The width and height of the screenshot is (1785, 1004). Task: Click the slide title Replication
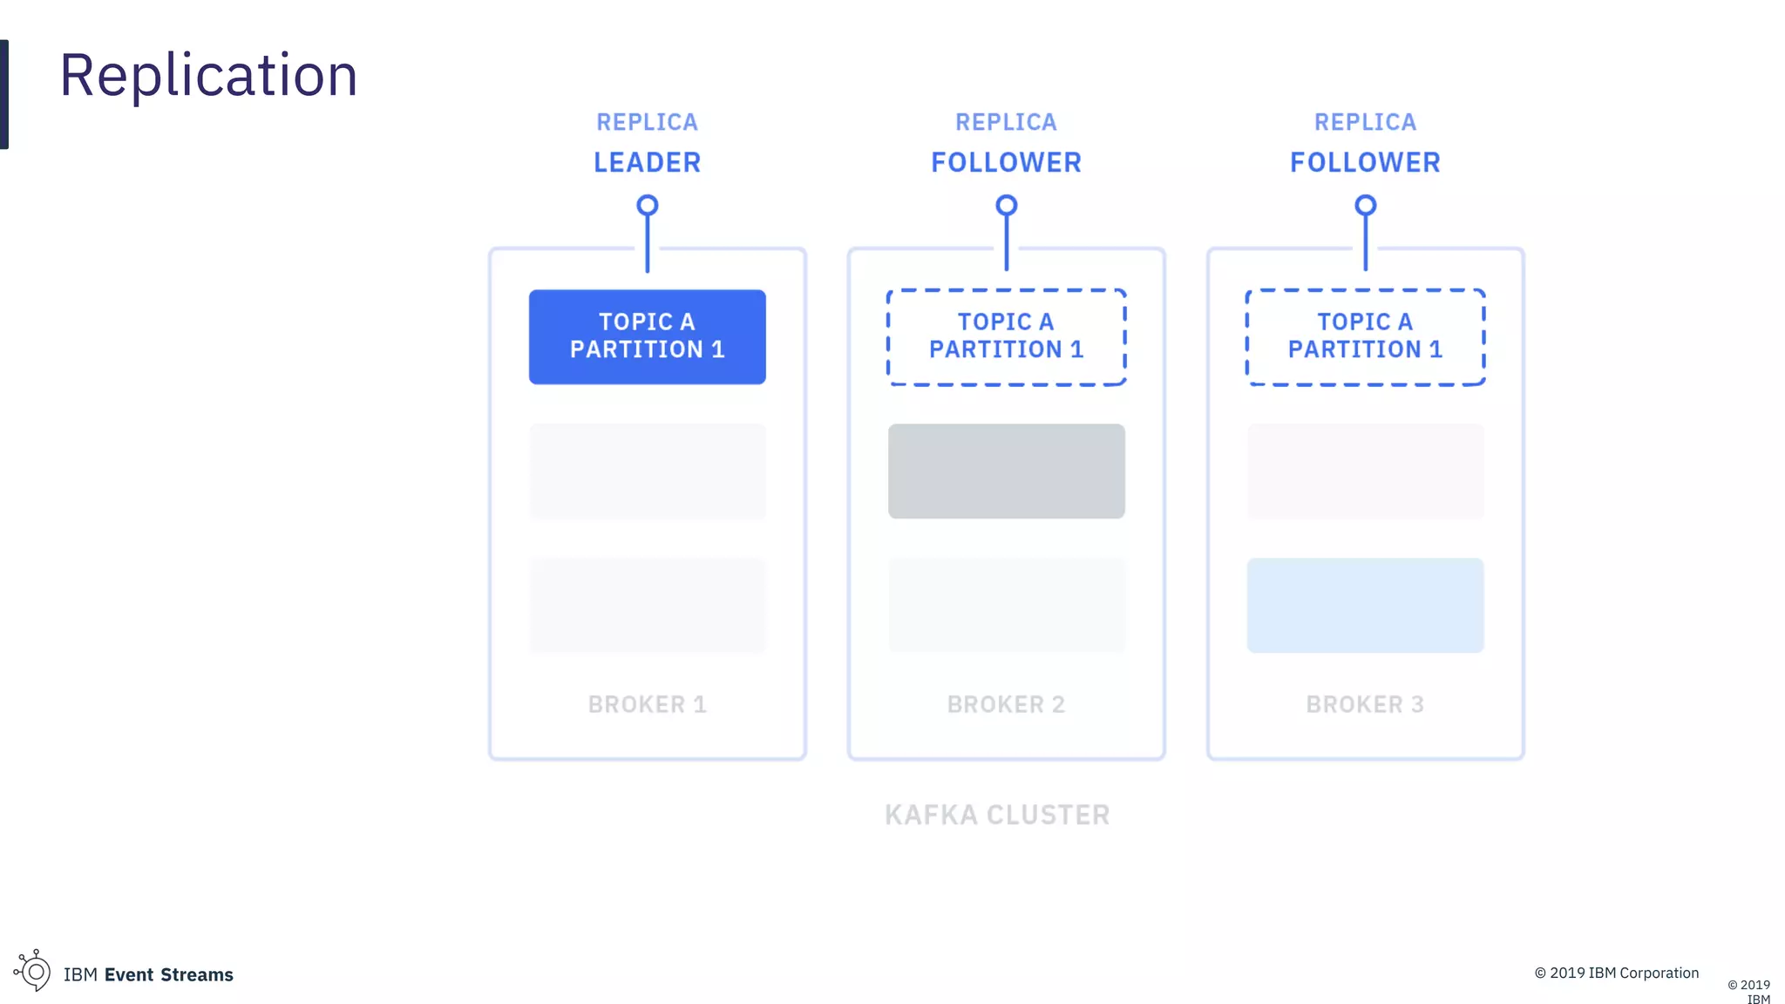[x=208, y=75]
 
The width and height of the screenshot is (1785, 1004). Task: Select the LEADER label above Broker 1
[x=647, y=162]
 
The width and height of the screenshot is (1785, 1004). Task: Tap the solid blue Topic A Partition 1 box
[x=647, y=336]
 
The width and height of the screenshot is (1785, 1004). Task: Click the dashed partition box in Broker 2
[x=1006, y=336]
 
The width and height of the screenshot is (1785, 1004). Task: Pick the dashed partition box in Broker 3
[x=1365, y=336]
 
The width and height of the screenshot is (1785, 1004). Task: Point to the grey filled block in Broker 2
[x=1006, y=471]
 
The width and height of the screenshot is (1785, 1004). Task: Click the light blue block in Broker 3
[x=1365, y=605]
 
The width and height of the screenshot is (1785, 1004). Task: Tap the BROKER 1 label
[x=647, y=704]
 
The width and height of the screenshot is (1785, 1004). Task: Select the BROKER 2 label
[x=1006, y=704]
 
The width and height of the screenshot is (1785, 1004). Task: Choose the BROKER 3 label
[x=1365, y=704]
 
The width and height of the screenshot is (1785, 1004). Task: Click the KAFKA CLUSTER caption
[x=997, y=815]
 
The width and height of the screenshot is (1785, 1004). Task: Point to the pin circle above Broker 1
[x=647, y=206]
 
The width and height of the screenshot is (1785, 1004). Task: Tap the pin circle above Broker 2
[x=1006, y=206]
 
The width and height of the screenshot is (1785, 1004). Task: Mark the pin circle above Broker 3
[x=1365, y=206]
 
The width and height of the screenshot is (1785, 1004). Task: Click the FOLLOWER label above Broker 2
[x=1006, y=162]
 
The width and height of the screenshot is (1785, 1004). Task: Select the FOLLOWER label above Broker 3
[x=1365, y=162]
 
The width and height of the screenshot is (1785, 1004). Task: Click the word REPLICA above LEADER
[x=647, y=122]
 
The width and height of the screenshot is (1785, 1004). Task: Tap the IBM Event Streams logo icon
[x=33, y=970]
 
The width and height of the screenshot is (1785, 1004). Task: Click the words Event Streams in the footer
[x=169, y=974]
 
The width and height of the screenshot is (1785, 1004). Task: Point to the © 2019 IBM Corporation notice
[x=1616, y=973]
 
